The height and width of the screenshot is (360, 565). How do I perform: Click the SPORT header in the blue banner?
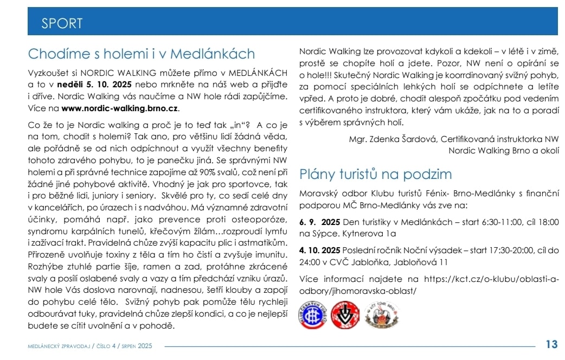(62, 23)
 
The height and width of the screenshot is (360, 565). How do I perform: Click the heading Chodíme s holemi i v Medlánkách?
(141, 54)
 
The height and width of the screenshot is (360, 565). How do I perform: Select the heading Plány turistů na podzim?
(375, 174)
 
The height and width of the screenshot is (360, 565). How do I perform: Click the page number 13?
(551, 344)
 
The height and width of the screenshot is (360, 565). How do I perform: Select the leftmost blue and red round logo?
(312, 314)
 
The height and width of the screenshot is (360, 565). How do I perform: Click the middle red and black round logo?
(345, 314)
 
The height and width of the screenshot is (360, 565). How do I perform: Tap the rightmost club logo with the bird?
(382, 314)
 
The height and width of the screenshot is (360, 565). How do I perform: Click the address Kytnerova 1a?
(369, 234)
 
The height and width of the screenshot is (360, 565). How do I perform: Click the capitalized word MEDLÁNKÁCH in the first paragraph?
(258, 72)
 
